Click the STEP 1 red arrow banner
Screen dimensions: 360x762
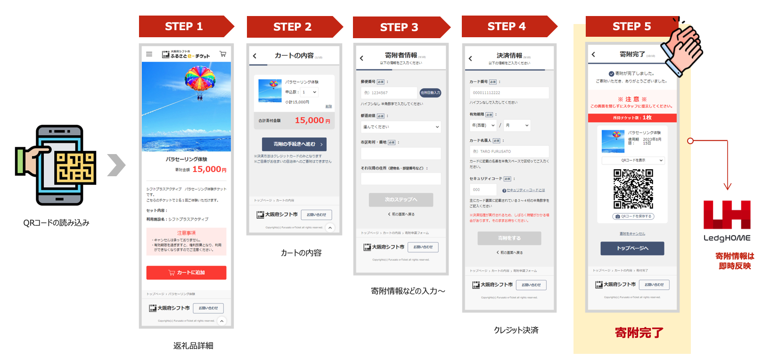(x=184, y=26)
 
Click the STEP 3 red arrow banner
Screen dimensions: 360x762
(x=399, y=27)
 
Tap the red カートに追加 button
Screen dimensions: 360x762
(x=186, y=272)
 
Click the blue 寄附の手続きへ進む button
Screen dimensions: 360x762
(x=294, y=144)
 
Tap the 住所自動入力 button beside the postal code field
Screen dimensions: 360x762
(x=430, y=93)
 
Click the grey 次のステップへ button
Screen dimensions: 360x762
(x=401, y=200)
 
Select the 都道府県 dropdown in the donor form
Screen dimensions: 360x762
(x=401, y=127)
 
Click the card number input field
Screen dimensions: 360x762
(x=509, y=93)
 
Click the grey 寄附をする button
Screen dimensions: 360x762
(x=509, y=238)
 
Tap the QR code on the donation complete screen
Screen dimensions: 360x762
(x=633, y=189)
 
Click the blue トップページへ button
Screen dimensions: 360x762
(x=632, y=248)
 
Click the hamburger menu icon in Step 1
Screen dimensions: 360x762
(x=149, y=54)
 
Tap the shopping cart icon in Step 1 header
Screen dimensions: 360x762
(x=223, y=54)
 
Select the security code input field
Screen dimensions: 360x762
(x=483, y=189)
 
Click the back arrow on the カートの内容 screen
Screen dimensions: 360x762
(x=255, y=56)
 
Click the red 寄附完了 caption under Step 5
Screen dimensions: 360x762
(x=639, y=333)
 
